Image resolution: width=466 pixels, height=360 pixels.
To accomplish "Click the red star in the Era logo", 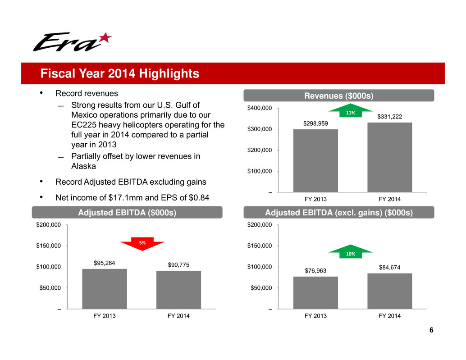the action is click(105, 38).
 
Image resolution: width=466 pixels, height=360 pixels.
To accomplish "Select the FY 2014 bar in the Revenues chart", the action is click(390, 157).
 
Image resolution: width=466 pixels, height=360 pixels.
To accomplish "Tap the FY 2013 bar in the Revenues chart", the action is click(315, 161).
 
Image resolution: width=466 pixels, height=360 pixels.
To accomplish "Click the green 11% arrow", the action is click(351, 110).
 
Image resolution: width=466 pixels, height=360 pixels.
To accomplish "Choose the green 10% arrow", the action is click(351, 251).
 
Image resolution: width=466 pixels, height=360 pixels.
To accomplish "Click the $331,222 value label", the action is click(390, 117).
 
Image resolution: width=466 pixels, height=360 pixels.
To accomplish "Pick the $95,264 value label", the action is click(104, 263).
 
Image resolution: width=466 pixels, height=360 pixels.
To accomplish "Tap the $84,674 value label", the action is click(390, 267).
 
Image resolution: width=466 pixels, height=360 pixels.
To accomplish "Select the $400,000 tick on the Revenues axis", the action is click(260, 108).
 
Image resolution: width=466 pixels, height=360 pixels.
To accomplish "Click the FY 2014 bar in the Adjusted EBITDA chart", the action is click(178, 290).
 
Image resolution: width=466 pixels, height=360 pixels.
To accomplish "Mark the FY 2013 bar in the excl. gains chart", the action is click(315, 293).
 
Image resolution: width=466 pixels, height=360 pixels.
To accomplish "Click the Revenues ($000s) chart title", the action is click(339, 96).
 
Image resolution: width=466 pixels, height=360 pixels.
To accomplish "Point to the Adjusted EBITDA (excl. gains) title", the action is click(339, 213).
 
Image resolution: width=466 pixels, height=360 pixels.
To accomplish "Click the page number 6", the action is click(431, 330).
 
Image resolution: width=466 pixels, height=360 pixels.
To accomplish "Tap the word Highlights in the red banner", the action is click(169, 73).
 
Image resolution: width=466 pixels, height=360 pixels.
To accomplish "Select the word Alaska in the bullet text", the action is click(83, 166).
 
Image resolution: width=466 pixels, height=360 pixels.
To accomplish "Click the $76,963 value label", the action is click(315, 271).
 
